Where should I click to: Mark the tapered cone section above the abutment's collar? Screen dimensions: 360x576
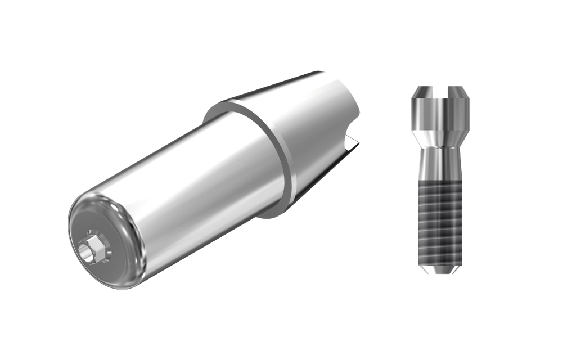click(x=315, y=112)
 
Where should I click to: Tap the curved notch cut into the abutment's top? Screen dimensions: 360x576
click(x=352, y=121)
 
